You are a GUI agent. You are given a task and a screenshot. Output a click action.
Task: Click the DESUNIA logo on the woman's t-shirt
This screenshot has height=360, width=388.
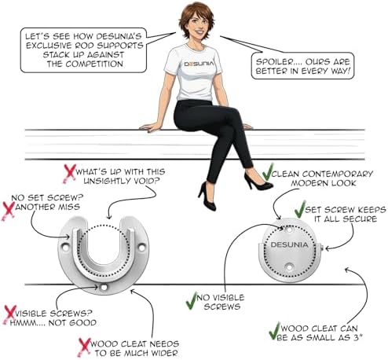pos(199,64)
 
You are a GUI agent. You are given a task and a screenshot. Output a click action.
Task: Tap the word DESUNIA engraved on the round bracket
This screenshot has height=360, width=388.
pos(289,244)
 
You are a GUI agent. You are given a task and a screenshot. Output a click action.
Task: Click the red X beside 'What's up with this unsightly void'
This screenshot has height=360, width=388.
pos(69,173)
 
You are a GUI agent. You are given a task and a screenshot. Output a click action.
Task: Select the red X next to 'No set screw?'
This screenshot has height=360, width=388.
pos(8,211)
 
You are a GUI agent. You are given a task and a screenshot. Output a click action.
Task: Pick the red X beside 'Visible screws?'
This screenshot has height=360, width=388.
pos(9,314)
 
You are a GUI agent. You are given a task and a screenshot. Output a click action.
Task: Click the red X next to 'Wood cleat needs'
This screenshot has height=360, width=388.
pos(84,347)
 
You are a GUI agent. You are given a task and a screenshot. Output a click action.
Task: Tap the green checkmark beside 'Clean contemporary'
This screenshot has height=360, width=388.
pos(268,172)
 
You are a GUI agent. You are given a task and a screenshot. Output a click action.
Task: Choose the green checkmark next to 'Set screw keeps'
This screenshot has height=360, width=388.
pos(300,209)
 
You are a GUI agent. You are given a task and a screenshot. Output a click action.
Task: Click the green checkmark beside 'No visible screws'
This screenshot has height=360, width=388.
pos(192,301)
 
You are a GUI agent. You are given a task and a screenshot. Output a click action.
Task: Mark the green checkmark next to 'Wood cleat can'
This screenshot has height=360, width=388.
pos(275,331)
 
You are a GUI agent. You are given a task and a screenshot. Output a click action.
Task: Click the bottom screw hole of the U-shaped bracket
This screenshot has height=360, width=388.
pos(104,288)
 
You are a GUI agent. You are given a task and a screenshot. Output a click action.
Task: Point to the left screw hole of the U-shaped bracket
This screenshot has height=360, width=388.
pos(64,247)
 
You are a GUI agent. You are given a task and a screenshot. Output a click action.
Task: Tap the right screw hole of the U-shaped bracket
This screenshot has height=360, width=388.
pos(141,247)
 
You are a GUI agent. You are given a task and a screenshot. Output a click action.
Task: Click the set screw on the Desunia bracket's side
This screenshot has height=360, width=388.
pos(323,248)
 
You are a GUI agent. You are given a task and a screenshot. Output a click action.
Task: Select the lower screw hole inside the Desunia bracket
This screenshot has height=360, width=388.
pos(289,267)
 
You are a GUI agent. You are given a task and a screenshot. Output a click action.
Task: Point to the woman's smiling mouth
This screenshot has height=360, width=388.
pos(199,33)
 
